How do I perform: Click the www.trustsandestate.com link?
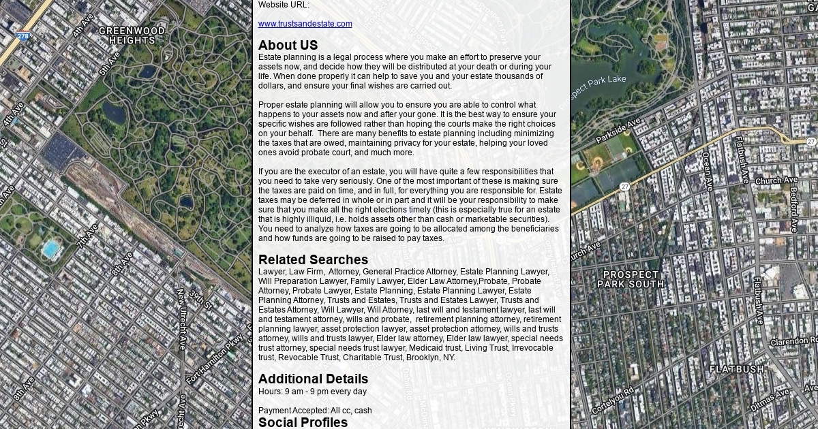point(305,24)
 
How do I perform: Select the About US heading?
point(288,46)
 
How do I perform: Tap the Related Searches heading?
point(313,260)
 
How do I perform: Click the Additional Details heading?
point(313,379)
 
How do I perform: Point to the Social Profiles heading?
point(303,422)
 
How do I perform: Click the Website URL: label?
point(284,5)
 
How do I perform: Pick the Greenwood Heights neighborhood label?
point(132,35)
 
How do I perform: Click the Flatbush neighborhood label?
point(737,370)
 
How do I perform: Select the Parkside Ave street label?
point(618,131)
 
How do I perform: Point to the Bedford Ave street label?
point(793,209)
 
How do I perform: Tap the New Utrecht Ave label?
point(181,319)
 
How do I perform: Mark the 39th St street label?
point(202,299)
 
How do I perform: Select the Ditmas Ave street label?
point(770,400)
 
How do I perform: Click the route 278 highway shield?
point(24,36)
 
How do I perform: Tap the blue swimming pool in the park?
point(50,249)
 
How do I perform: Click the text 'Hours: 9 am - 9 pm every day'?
point(312,392)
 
